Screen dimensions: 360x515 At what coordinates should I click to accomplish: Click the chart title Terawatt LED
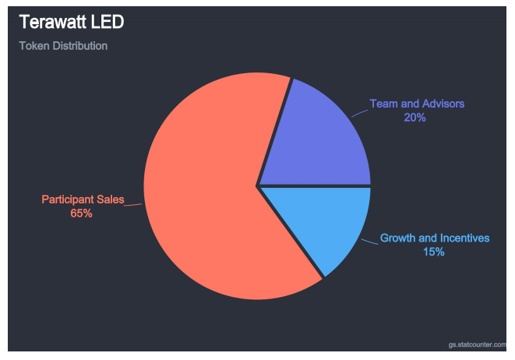(71, 22)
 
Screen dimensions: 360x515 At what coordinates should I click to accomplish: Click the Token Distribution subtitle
(63, 46)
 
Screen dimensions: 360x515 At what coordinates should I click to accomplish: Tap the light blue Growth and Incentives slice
(327, 222)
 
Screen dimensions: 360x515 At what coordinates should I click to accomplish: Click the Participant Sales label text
(83, 200)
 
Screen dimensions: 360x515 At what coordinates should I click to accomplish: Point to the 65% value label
(82, 214)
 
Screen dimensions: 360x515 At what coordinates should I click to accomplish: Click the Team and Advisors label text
(416, 104)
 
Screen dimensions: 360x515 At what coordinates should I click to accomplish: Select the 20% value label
(414, 118)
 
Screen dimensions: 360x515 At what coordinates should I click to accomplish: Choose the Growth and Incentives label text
(435, 238)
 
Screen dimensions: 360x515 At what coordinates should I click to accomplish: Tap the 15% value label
(434, 252)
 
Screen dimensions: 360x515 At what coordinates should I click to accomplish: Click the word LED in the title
(107, 22)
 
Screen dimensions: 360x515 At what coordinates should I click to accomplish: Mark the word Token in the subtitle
(34, 46)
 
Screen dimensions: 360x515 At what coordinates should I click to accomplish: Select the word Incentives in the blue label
(465, 238)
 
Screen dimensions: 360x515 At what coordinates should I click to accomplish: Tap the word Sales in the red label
(110, 200)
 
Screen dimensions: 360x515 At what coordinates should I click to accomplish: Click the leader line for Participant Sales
(133, 205)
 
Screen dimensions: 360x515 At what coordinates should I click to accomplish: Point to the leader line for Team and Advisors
(359, 113)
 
